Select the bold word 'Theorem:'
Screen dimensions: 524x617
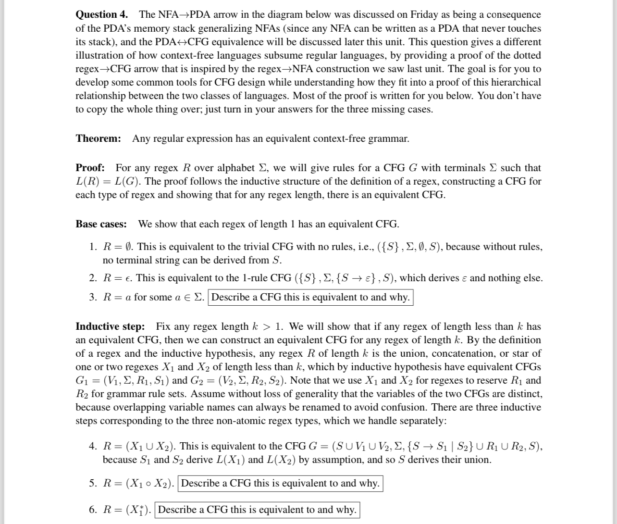pos(99,139)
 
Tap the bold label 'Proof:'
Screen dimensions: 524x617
pos(90,168)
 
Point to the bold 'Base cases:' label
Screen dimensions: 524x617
pos(101,224)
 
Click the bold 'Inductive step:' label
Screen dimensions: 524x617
pos(110,326)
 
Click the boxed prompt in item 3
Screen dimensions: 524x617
pos(310,297)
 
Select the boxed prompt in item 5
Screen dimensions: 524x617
pos(280,483)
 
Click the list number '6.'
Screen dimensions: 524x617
pos(93,510)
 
